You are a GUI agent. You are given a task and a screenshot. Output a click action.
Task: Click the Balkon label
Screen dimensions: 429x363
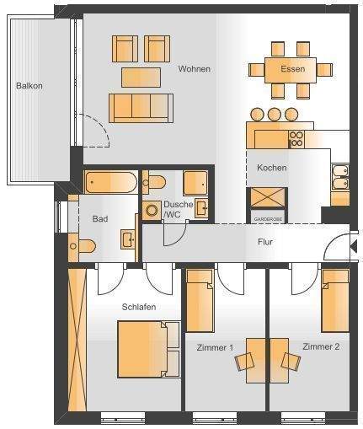click(x=29, y=86)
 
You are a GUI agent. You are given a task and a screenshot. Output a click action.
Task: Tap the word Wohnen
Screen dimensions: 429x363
click(x=195, y=69)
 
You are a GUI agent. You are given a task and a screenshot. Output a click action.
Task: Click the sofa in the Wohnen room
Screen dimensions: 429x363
click(x=141, y=107)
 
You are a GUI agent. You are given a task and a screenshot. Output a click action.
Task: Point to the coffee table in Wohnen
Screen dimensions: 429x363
click(x=141, y=77)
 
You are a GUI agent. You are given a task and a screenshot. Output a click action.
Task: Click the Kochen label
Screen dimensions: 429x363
click(x=272, y=168)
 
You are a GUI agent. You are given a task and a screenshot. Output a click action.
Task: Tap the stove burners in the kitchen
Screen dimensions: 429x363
click(x=296, y=137)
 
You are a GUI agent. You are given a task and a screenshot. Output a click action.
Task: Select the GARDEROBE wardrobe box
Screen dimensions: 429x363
click(x=269, y=205)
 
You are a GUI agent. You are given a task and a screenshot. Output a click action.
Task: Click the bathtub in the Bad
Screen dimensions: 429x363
click(x=110, y=183)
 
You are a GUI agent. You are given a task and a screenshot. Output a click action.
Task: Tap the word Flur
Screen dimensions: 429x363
click(x=265, y=243)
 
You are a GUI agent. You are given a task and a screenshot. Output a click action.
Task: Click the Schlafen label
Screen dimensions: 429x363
click(x=138, y=307)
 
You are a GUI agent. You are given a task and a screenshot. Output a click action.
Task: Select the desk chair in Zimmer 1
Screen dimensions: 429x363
click(x=245, y=361)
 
